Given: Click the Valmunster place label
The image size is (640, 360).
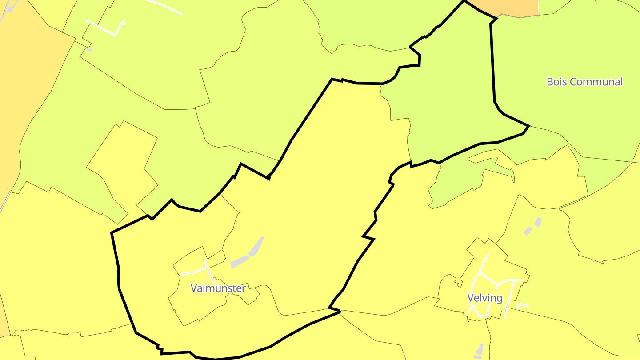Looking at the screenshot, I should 218,288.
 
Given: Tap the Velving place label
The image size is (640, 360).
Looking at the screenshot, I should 484,298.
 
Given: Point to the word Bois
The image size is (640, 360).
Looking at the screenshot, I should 557,82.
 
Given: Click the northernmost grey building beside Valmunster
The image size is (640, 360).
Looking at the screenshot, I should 256,246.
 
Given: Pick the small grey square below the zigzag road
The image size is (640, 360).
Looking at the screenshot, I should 89,49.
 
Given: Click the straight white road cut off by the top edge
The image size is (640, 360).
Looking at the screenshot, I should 164,7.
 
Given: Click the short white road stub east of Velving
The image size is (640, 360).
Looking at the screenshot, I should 523,306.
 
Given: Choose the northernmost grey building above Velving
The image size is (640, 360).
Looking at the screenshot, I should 538,221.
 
